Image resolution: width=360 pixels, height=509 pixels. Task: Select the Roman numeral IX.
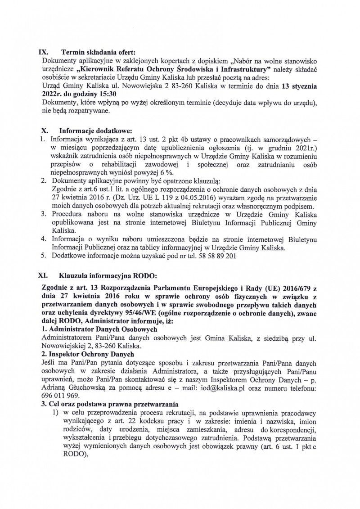click(46, 51)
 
